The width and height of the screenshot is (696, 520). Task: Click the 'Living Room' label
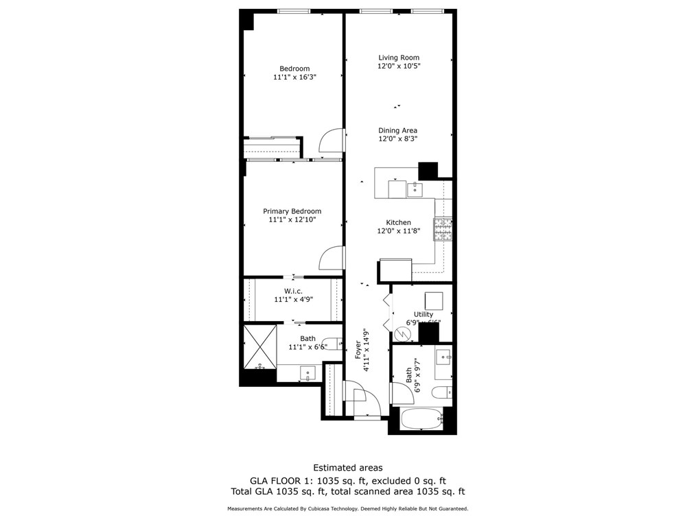coord(398,58)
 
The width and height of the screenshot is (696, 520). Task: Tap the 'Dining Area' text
coord(397,130)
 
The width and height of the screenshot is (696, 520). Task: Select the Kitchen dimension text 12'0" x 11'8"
coord(398,232)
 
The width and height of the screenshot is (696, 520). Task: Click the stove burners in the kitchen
coord(442,229)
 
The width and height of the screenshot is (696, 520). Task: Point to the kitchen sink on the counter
coord(415,189)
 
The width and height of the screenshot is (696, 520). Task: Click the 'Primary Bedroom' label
coord(292,211)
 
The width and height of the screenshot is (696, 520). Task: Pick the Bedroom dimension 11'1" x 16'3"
coord(294,78)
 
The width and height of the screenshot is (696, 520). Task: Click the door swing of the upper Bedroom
coord(332,141)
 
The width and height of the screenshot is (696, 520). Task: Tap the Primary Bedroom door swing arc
coord(332,258)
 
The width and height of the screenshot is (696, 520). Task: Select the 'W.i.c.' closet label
coord(294,291)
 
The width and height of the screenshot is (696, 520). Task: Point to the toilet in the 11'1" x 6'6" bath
coord(332,343)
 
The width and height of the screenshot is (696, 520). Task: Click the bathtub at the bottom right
coord(421,419)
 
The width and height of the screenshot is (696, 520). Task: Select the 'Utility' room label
coord(424,314)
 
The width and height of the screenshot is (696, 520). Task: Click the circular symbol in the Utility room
coord(404,333)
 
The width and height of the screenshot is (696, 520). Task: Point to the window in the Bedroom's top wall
coord(294,10)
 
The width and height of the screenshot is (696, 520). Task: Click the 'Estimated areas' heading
coord(348,468)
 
